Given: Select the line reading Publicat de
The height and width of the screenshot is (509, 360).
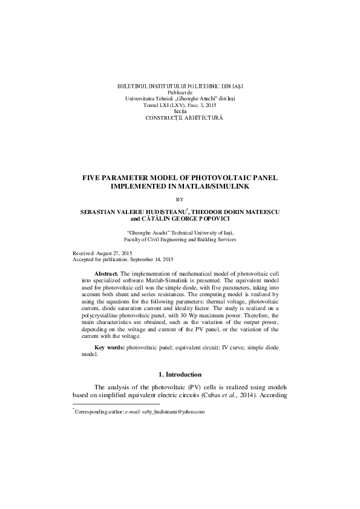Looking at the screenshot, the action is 180,93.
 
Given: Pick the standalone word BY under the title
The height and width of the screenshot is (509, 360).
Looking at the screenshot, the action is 180,199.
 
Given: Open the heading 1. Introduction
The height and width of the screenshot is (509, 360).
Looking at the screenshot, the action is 180,375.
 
